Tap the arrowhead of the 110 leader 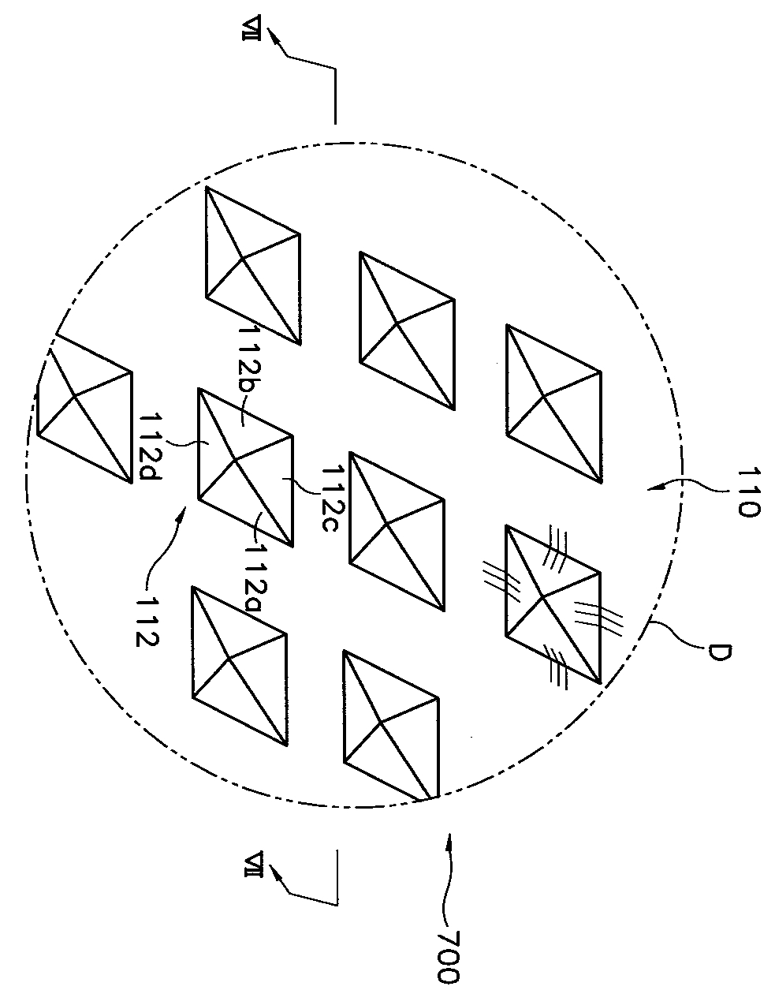[650, 489]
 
